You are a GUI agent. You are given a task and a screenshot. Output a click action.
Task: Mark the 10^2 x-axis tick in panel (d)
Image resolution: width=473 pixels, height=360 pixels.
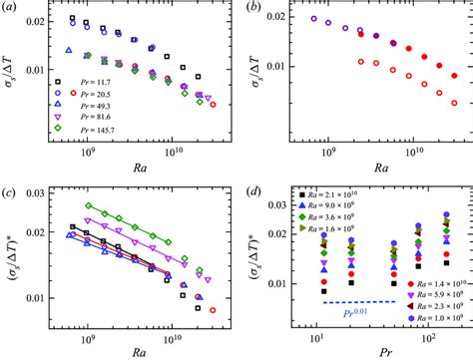(x=442, y=335)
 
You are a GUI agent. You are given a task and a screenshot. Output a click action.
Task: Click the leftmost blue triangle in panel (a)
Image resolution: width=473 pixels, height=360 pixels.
(x=69, y=49)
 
